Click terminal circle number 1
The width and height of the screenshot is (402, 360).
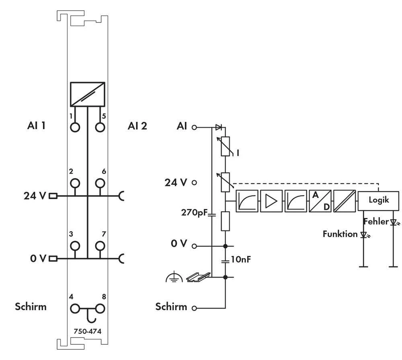(x=75, y=127)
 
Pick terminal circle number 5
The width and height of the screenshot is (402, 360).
(x=100, y=127)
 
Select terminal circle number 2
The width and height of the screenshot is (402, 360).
(x=75, y=183)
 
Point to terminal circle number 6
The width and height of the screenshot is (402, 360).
(x=100, y=183)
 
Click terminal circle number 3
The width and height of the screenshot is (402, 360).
(x=75, y=246)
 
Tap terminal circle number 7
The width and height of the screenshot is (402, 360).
(x=100, y=246)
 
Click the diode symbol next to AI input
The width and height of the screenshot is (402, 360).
(x=218, y=128)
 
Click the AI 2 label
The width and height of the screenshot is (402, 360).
(x=137, y=126)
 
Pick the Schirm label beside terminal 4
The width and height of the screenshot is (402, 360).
(x=31, y=307)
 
